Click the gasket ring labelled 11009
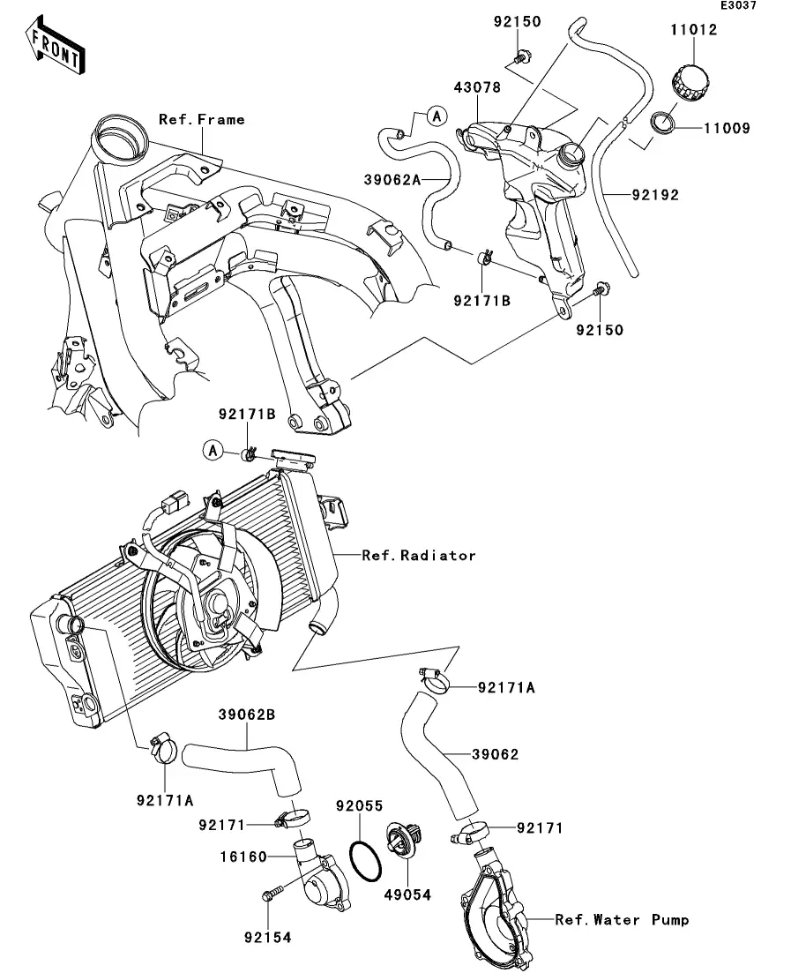pyautogui.click(x=665, y=123)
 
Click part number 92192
pyautogui.click(x=654, y=195)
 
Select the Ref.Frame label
pyautogui.click(x=202, y=119)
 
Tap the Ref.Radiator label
pyautogui.click(x=419, y=556)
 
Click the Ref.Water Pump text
pyautogui.click(x=622, y=920)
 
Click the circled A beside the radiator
pyautogui.click(x=213, y=451)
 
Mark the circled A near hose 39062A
pyautogui.click(x=437, y=115)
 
